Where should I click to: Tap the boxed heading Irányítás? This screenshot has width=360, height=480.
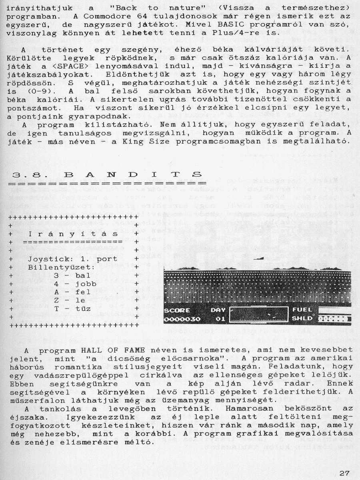73,234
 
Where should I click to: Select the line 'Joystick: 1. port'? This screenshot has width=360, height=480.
72,259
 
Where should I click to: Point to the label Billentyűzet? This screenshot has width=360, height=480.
61,267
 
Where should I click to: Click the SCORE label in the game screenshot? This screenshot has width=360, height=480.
177,310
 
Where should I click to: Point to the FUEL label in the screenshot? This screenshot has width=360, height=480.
302,310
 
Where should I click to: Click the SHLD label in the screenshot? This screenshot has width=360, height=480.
302,319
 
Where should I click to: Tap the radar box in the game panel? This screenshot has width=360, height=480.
259,314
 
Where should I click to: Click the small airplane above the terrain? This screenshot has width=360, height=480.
258,259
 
